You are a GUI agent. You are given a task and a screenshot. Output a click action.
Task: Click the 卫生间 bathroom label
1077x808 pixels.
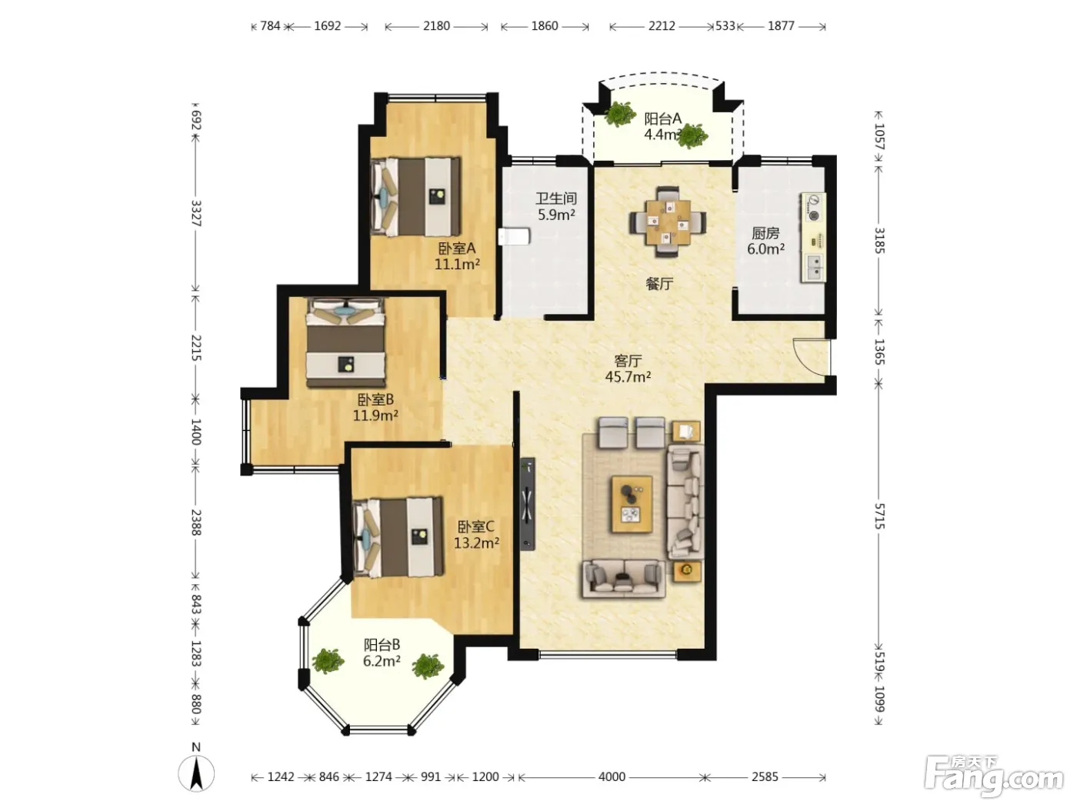point(555,199)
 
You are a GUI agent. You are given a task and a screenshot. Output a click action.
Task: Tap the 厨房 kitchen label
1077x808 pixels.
point(765,233)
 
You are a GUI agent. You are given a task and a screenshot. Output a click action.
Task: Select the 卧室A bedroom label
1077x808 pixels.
point(456,249)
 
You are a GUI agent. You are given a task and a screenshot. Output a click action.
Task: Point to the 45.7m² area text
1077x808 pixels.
point(628,377)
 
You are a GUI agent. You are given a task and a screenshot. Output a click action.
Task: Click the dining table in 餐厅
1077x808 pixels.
point(668,222)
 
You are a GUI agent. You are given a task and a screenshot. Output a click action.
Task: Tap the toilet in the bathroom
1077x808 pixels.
point(514,236)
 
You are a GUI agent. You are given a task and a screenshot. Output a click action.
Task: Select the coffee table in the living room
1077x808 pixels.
point(632,504)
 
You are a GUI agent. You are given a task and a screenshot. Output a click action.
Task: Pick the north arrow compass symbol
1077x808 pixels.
point(195,773)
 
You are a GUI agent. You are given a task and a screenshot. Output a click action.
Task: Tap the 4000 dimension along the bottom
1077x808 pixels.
point(612,777)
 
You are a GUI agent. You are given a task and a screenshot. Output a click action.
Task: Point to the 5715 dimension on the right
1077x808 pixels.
point(879,516)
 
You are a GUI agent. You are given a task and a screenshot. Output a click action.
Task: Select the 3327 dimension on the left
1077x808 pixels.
point(195,213)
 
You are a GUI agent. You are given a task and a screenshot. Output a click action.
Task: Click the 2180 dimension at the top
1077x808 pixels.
point(436,26)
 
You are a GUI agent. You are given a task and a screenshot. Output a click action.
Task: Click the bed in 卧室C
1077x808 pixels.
point(398,537)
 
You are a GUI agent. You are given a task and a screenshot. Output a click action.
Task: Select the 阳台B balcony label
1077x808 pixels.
point(382,645)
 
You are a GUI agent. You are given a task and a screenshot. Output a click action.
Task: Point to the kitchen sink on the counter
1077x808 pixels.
point(813,268)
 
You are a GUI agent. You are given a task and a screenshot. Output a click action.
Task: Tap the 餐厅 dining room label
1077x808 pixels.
point(659,283)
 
